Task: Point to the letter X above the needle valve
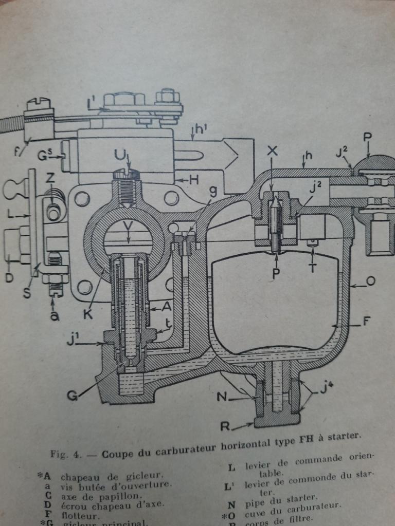(273, 151)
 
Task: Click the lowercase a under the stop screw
(55, 315)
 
